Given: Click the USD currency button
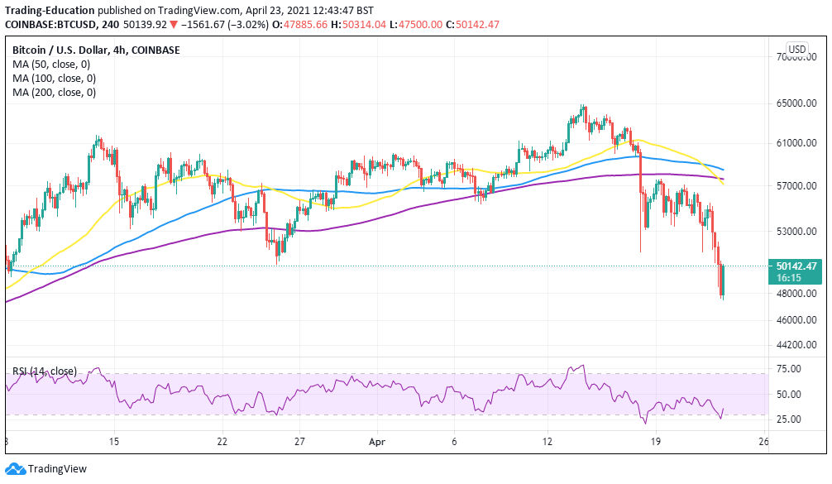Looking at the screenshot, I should [797, 50].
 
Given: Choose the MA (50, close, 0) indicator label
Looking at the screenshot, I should [52, 65].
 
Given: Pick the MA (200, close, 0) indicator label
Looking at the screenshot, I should [55, 93].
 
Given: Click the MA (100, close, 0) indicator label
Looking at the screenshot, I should [55, 79].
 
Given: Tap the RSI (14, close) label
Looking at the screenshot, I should [46, 371].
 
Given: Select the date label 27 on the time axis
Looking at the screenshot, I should [300, 443].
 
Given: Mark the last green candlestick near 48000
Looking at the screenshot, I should [723, 281].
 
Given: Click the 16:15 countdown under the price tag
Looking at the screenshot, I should [785, 279].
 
